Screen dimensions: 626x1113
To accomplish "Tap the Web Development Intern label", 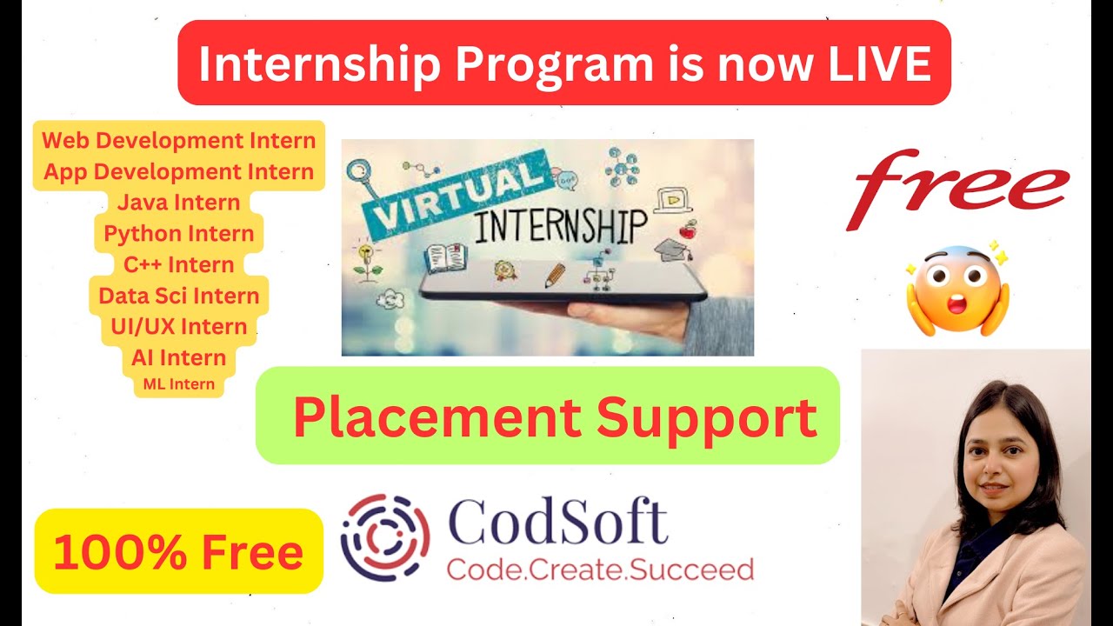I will coord(179,140).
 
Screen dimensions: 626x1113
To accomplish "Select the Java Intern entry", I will coord(179,203).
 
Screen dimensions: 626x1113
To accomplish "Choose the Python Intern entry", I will coord(179,233).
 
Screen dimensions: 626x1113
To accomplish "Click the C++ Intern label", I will coord(179,264).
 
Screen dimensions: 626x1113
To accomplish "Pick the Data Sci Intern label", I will coord(179,296).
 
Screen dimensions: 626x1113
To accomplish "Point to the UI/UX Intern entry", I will coord(179,327).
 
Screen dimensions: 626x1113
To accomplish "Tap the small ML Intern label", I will coord(179,384).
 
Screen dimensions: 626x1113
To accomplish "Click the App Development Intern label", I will coord(179,171).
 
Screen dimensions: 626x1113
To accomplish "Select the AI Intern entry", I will coord(179,357).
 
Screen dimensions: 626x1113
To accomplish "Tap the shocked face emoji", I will coord(957,290).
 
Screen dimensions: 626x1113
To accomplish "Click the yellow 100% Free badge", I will coord(178,552).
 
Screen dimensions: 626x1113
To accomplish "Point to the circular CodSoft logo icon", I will coord(384,536).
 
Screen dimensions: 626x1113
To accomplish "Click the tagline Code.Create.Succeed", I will coord(600,569).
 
